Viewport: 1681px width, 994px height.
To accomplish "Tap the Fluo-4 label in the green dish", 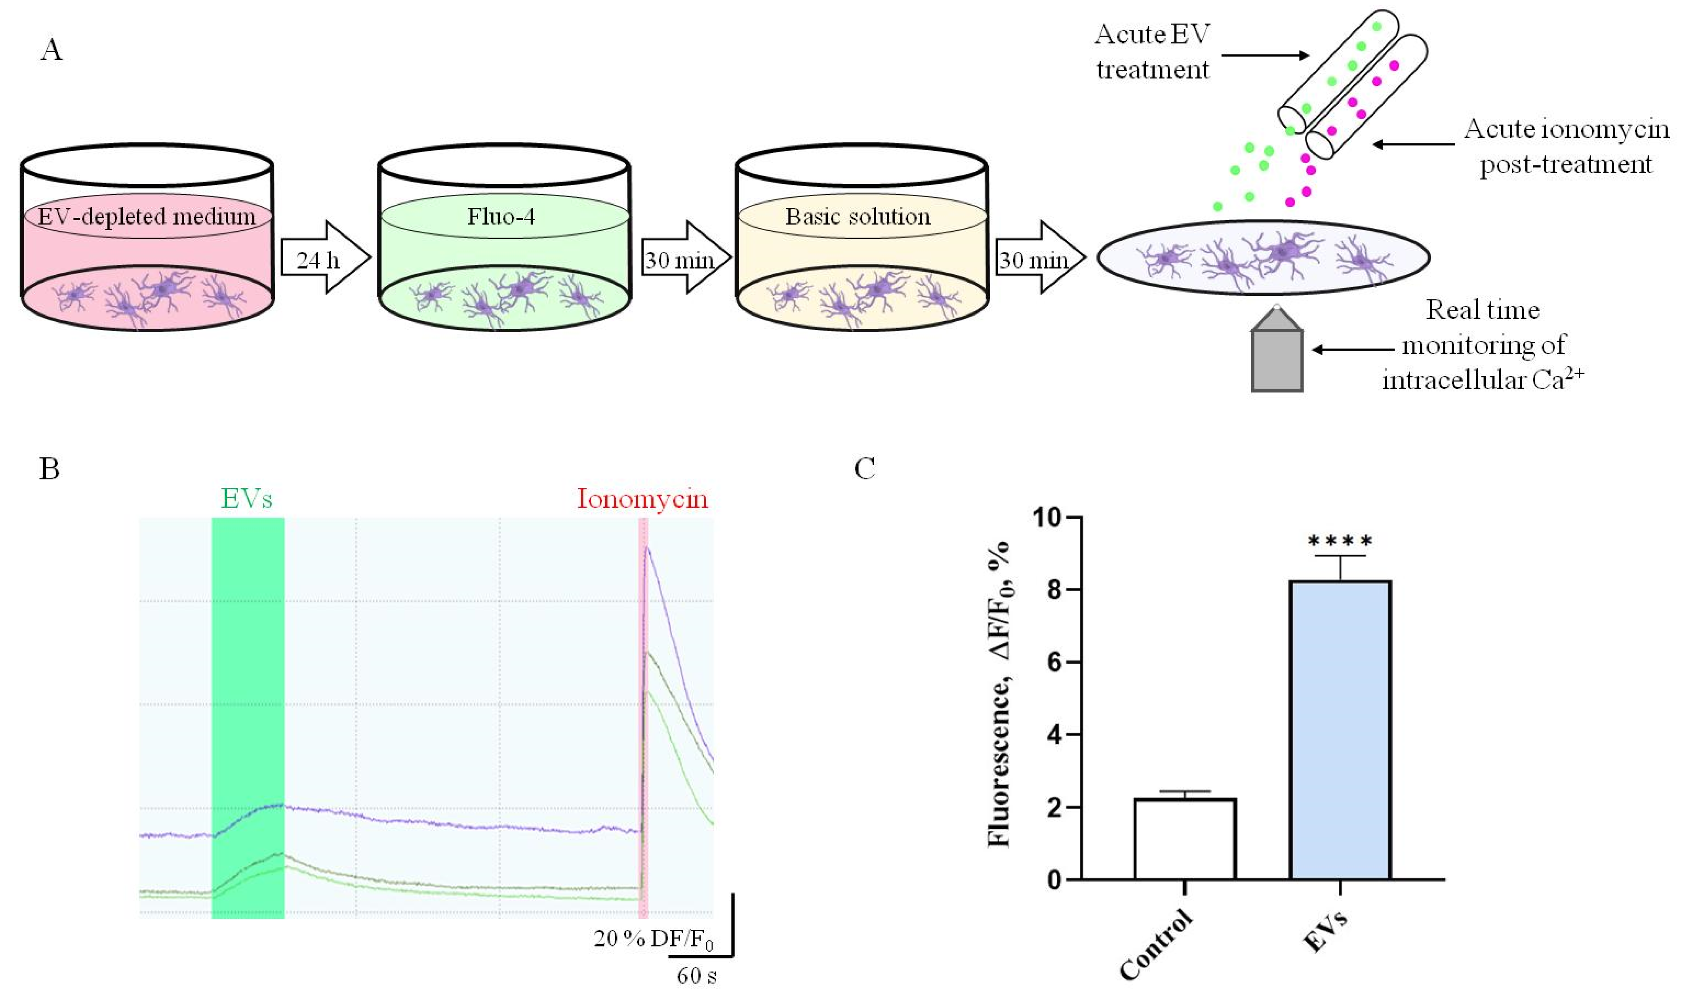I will pos(501,216).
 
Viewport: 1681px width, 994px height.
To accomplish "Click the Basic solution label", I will pos(858,216).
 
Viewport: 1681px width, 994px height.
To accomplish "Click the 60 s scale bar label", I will pos(696,975).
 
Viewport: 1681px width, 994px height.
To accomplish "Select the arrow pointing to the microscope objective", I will pos(1353,349).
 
